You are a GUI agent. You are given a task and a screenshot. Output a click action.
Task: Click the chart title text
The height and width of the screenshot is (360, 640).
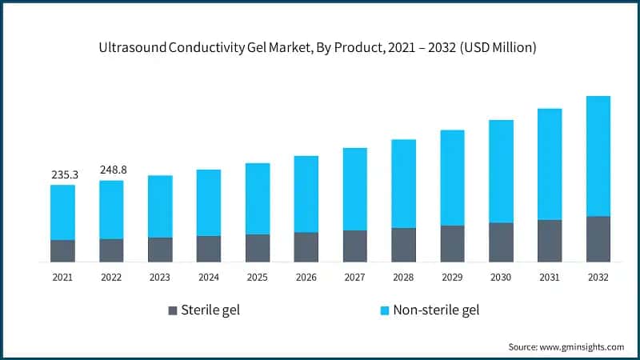tap(318, 48)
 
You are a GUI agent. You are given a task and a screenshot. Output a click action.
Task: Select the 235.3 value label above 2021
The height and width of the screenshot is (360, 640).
tap(62, 174)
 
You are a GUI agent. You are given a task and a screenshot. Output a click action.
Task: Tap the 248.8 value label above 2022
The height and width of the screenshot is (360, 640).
tap(112, 170)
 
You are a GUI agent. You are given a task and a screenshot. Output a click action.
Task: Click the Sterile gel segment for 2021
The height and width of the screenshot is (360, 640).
tap(62, 250)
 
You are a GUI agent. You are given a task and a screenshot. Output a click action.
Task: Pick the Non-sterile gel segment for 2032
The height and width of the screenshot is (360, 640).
tap(598, 156)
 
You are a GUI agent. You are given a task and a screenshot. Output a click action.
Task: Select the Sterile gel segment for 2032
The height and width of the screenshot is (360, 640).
tap(598, 238)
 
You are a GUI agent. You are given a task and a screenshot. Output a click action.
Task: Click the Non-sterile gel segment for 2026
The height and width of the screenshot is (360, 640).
tap(306, 194)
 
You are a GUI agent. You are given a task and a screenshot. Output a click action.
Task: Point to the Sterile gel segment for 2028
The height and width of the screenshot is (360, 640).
tap(403, 245)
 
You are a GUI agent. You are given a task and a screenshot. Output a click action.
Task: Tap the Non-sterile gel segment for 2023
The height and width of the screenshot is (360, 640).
tap(160, 206)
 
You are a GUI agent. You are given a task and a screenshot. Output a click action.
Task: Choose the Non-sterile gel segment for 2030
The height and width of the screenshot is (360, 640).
tap(501, 171)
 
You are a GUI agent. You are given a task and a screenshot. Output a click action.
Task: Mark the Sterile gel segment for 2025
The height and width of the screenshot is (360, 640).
tap(257, 248)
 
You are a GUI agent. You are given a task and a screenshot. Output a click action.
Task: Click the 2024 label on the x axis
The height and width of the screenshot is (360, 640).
tap(208, 277)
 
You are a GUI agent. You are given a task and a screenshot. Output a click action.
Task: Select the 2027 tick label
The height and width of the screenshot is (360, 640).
tap(354, 277)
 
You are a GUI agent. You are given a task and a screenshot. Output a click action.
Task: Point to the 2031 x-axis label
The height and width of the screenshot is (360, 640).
tap(549, 277)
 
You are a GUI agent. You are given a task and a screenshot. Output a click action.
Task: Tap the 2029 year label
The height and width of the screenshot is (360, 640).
tap(452, 277)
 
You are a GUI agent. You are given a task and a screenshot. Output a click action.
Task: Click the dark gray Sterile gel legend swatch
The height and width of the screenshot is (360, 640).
tap(173, 310)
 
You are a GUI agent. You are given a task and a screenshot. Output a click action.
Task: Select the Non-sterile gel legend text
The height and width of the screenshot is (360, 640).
tap(436, 310)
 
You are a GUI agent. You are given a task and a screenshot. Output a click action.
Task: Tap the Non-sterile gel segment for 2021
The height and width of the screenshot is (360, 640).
tap(62, 212)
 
